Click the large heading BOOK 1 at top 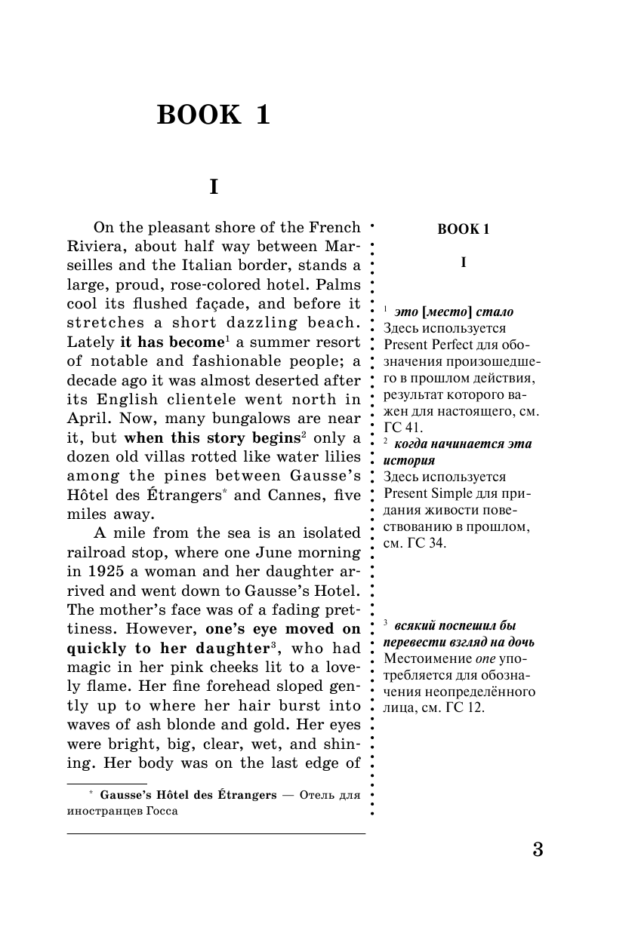(x=213, y=115)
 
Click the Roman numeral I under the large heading (x=214, y=187)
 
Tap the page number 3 (x=538, y=849)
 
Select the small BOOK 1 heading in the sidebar (x=464, y=230)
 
